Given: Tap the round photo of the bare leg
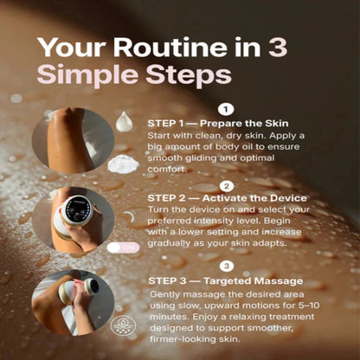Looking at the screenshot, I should [x=70, y=144].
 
